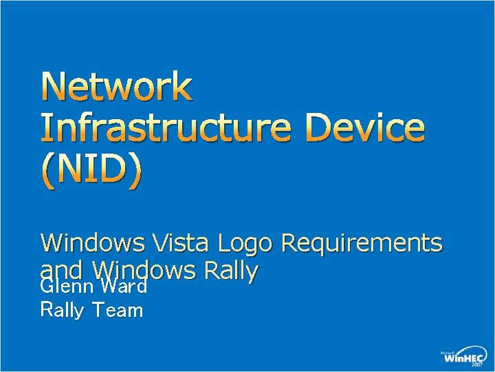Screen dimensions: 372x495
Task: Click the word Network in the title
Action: coord(117,87)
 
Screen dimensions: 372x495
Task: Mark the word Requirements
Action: coord(362,244)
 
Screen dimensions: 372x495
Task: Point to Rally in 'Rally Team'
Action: coord(63,311)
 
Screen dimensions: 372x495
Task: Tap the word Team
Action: coord(118,311)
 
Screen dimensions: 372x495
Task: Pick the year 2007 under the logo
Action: coord(476,366)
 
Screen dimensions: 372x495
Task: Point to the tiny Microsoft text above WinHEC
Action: coord(448,352)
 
